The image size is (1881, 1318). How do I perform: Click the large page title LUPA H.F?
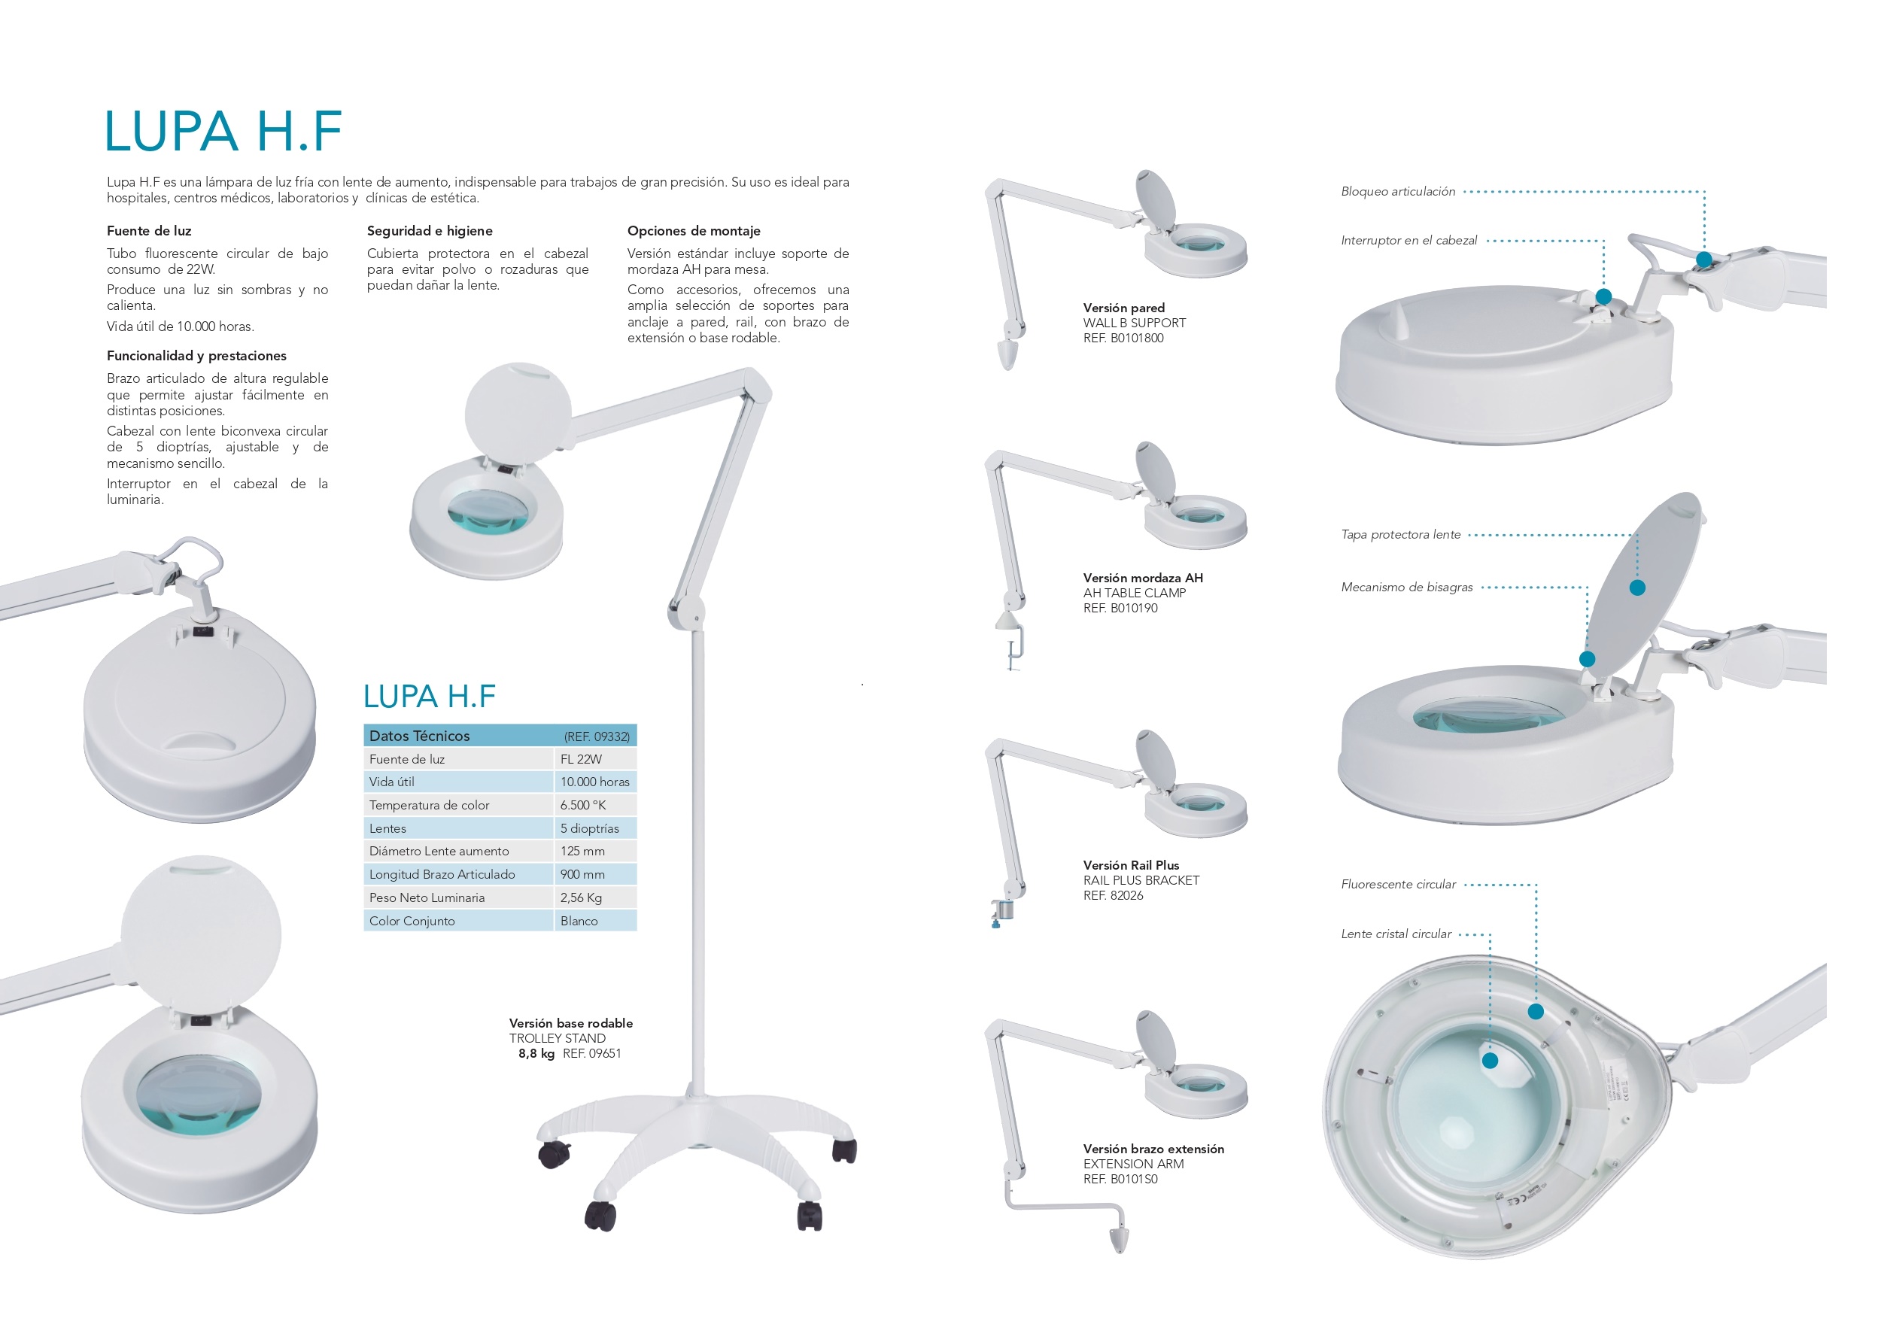(223, 131)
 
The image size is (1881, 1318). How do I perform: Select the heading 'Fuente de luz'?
(149, 231)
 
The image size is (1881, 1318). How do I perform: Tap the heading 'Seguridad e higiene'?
(430, 231)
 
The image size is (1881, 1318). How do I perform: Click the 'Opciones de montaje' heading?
(694, 231)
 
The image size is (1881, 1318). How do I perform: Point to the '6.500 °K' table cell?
(582, 805)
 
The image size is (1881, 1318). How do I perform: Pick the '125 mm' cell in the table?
(582, 851)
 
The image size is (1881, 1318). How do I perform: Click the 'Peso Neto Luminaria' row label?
(427, 897)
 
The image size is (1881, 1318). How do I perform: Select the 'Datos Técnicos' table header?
(419, 736)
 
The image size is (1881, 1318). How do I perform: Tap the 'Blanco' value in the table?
(579, 921)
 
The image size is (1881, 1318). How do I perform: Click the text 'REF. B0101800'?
(1123, 339)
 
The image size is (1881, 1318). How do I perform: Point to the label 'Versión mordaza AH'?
(1143, 578)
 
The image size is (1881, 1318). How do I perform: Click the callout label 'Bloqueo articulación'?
(1398, 192)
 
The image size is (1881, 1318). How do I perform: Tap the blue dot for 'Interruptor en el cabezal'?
(1604, 296)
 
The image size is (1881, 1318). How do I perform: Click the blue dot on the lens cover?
(1638, 588)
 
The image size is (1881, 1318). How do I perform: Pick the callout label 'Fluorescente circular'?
(1399, 885)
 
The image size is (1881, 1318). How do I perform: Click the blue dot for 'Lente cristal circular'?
(1491, 1061)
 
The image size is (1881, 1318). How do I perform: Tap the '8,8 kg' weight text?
(536, 1053)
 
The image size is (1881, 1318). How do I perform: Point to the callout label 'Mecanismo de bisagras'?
(1407, 588)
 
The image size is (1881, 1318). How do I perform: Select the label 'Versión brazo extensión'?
(1153, 1149)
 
